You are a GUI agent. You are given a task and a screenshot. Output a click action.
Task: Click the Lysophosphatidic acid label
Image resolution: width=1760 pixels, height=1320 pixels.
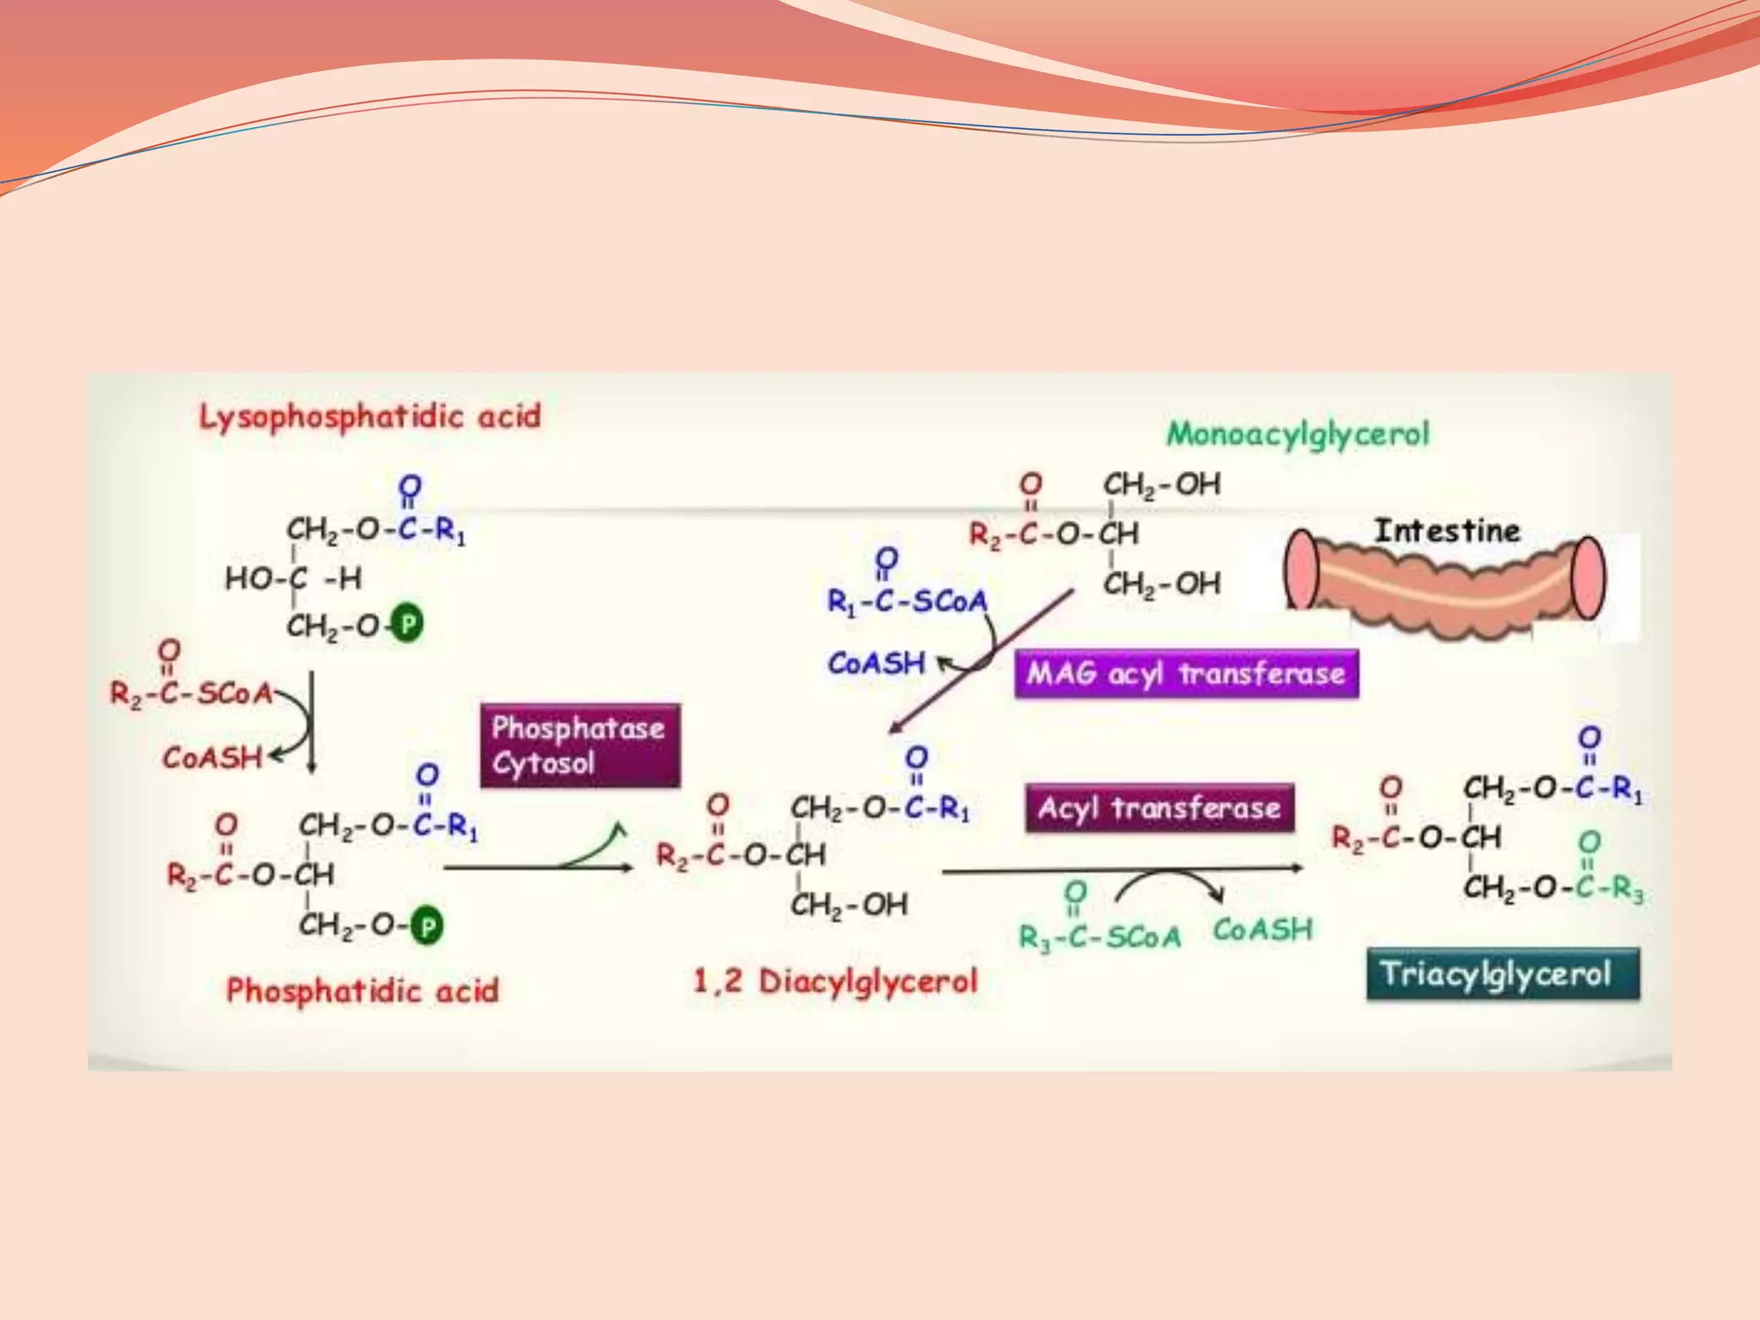click(370, 417)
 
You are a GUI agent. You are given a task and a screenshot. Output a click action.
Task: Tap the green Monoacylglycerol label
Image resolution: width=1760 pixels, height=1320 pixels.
click(1298, 433)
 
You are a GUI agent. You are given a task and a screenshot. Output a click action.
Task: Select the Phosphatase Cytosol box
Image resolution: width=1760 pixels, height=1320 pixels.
click(580, 745)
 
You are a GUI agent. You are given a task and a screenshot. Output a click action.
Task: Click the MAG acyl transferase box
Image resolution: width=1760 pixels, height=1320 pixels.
click(1186, 673)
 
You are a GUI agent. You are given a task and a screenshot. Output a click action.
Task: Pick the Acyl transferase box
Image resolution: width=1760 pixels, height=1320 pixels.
click(1159, 808)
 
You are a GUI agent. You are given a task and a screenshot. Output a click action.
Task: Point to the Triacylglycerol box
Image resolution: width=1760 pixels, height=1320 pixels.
click(1502, 974)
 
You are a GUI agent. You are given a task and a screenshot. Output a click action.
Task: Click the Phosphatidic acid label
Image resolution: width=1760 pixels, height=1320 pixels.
click(362, 990)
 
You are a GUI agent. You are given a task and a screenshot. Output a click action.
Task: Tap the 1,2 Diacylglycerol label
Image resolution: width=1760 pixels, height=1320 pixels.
click(835, 981)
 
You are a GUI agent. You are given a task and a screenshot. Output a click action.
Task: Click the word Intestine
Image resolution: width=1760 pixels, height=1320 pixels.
click(1447, 530)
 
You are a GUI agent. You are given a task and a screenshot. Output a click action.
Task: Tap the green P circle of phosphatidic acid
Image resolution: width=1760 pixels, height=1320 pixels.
click(427, 926)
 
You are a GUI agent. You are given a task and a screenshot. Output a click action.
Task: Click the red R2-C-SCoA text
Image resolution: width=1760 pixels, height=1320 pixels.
click(191, 693)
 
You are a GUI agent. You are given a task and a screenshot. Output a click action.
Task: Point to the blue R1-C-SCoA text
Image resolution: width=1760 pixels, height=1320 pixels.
click(907, 601)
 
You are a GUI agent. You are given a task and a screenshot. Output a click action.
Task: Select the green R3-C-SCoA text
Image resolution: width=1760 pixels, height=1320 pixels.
click(1100, 936)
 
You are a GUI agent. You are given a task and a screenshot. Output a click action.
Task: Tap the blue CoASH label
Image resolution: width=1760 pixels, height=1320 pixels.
click(877, 663)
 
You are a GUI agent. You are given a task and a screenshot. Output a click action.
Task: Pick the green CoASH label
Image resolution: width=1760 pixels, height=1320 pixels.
click(1262, 929)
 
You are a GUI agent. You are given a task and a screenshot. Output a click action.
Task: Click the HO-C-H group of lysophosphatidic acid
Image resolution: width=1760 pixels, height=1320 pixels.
click(293, 578)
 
